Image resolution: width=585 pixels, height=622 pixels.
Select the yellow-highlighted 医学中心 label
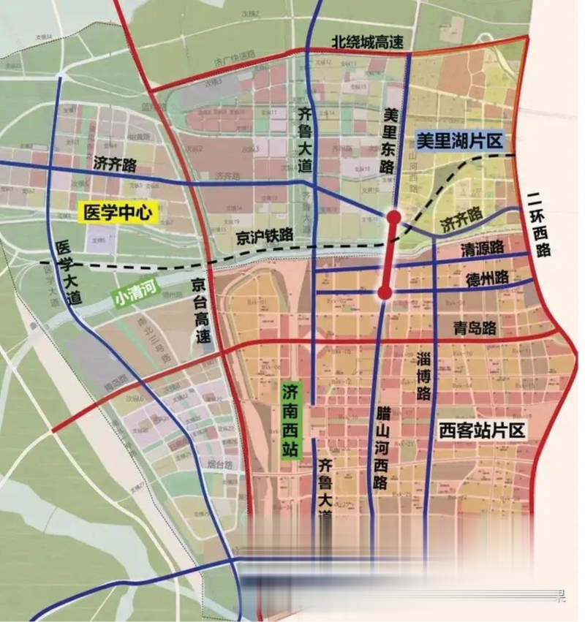point(118,213)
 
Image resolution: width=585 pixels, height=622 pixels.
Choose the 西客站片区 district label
point(482,430)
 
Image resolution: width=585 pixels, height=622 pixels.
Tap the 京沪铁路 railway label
point(265,235)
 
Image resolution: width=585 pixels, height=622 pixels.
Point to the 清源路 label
point(483,249)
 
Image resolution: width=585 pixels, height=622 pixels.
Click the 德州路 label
point(487,279)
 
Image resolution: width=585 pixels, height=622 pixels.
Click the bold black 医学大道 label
point(69,273)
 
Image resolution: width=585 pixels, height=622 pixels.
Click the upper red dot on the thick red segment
point(393,217)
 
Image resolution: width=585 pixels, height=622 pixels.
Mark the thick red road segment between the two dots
point(389,256)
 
